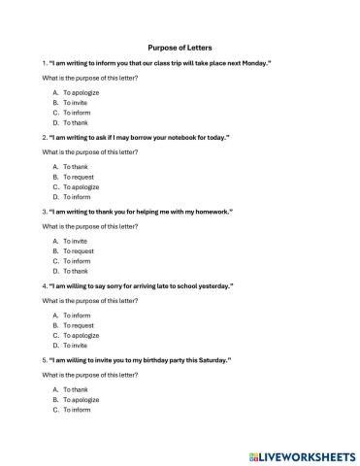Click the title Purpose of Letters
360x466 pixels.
coord(180,47)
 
